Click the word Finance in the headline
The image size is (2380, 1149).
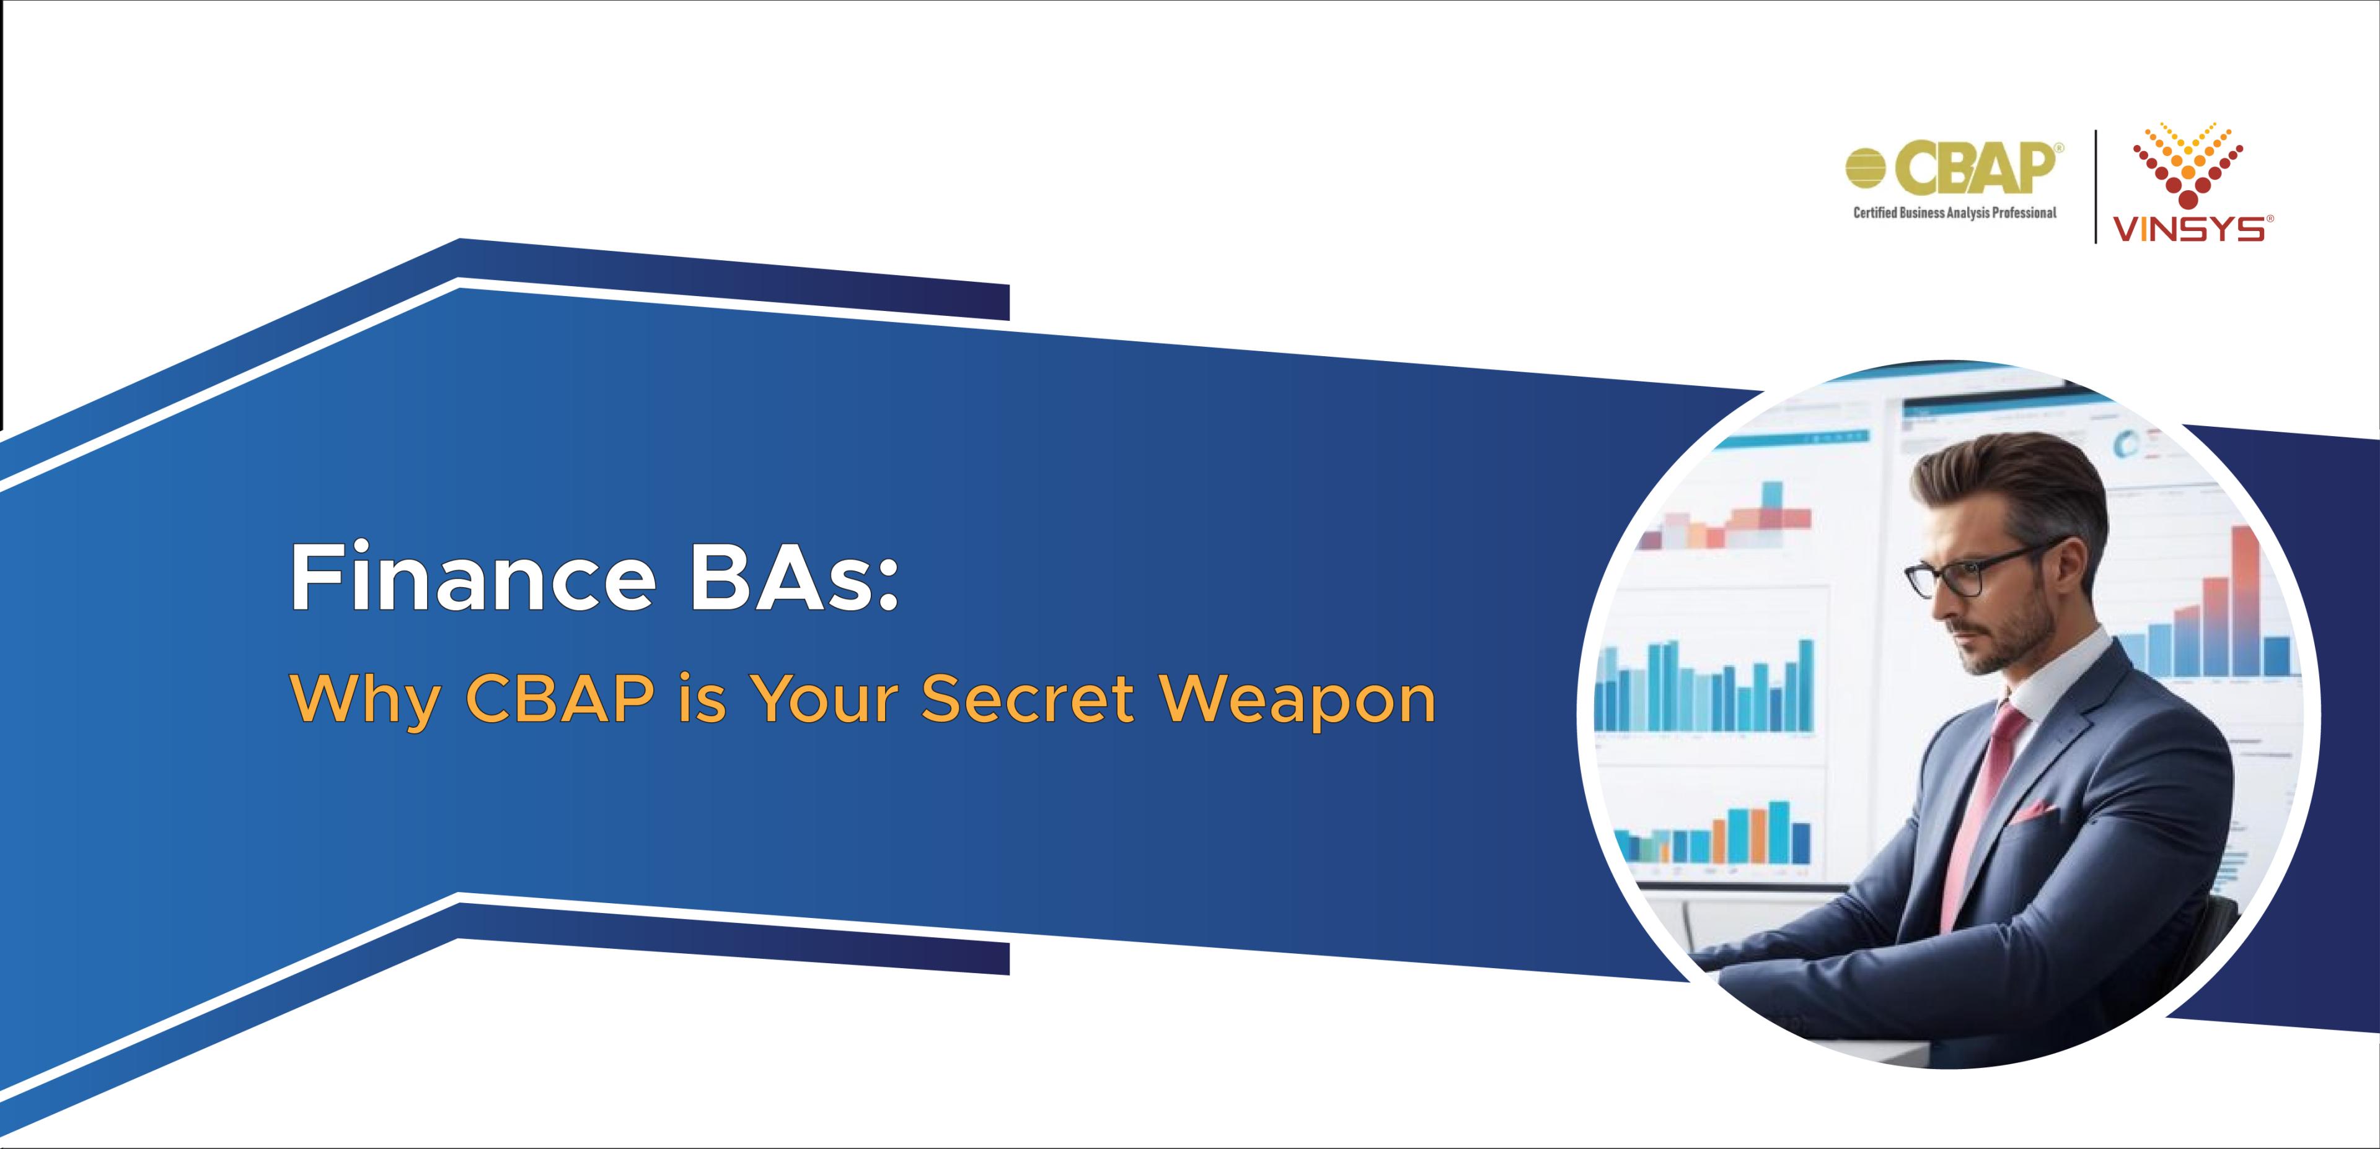tap(473, 579)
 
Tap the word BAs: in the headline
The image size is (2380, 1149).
tap(793, 579)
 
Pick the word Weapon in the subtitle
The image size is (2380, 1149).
tap(1298, 702)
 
